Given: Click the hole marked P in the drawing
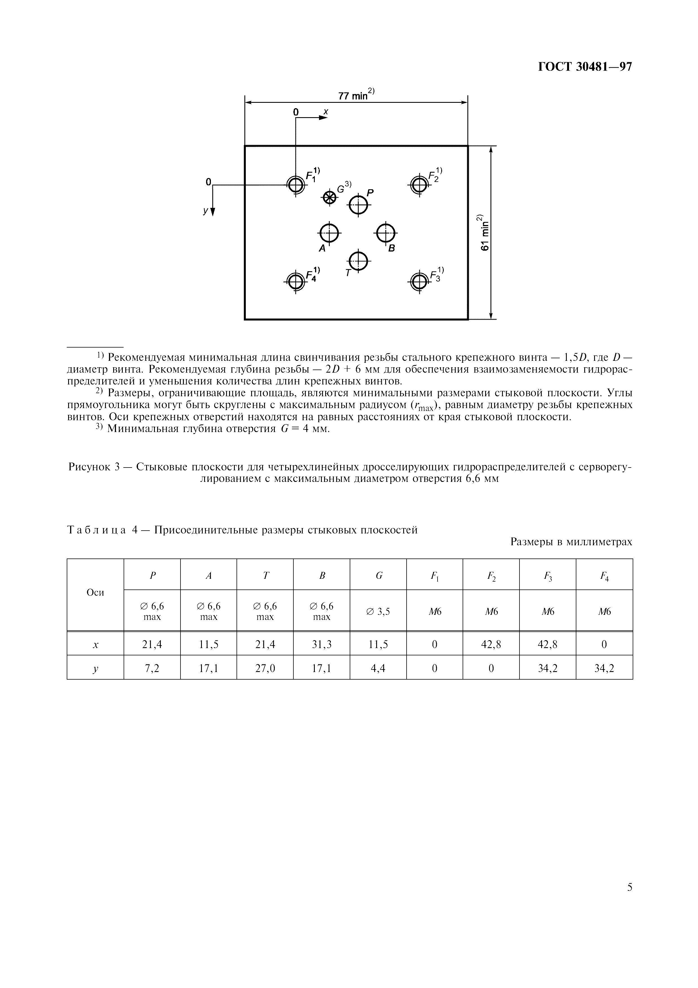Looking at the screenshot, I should pyautogui.click(x=358, y=205).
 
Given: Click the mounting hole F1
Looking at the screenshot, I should pyautogui.click(x=295, y=185).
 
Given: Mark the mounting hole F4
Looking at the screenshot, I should pyautogui.click(x=295, y=282).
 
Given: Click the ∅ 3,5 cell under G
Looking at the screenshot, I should pyautogui.click(x=378, y=611).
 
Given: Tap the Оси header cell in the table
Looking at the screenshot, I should pyautogui.click(x=95, y=593).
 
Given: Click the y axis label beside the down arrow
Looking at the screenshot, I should pyautogui.click(x=206, y=211).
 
